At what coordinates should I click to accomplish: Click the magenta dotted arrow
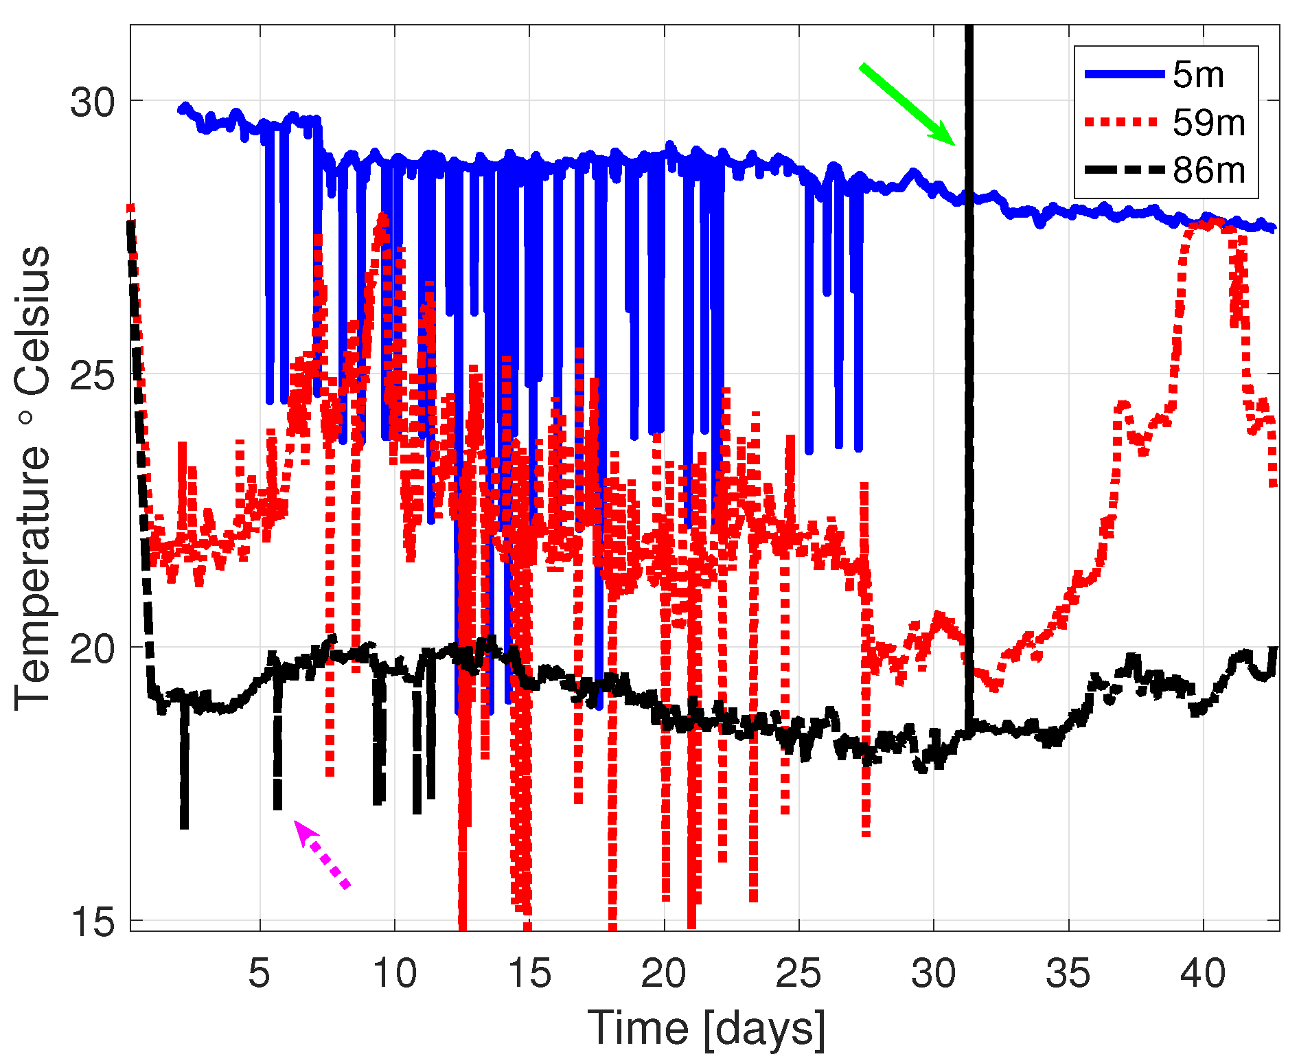tap(322, 855)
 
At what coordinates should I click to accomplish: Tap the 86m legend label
tap(1208, 170)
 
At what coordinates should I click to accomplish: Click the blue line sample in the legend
tap(1124, 74)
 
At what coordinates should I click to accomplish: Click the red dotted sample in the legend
tap(1124, 122)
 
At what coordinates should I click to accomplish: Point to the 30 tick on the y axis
tap(93, 102)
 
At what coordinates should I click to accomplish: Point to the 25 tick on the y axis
tap(93, 375)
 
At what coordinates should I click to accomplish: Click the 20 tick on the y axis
tap(93, 648)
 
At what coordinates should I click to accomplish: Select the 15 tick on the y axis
tap(93, 921)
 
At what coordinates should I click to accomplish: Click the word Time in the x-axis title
tap(638, 1028)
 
